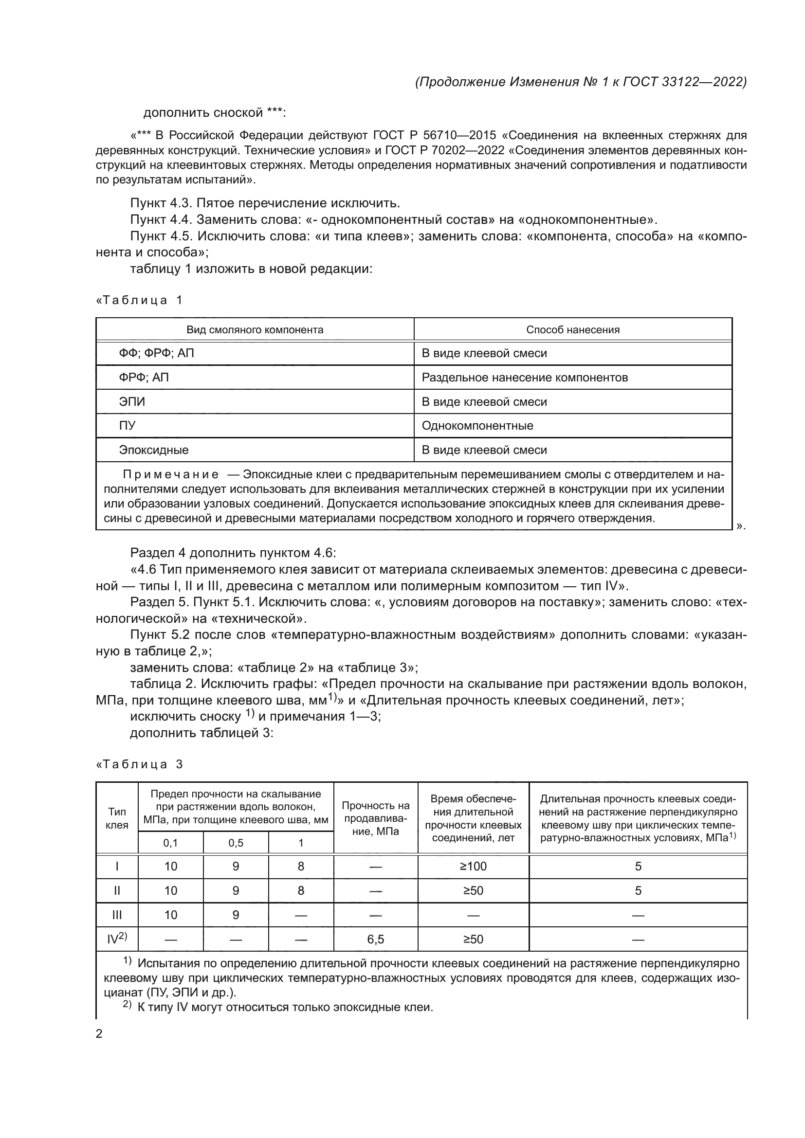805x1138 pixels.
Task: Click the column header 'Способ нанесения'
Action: click(572, 329)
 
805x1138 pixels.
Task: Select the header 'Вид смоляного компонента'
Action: click(255, 329)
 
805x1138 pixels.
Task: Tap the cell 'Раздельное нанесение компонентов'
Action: click(525, 378)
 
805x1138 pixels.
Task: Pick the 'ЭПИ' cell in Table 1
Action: click(132, 402)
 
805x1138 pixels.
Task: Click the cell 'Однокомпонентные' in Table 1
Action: click(477, 426)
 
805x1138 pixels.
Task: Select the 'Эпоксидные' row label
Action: click(154, 450)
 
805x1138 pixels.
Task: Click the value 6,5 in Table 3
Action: click(375, 939)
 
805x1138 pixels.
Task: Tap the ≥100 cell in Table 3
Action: click(473, 867)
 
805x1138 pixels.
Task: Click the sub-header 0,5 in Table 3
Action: click(236, 843)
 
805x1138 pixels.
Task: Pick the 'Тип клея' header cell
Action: click(117, 818)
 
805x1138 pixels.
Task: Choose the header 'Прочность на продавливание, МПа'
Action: click(375, 818)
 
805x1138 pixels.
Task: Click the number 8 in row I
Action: click(301, 867)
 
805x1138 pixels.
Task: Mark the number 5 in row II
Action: click(638, 891)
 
